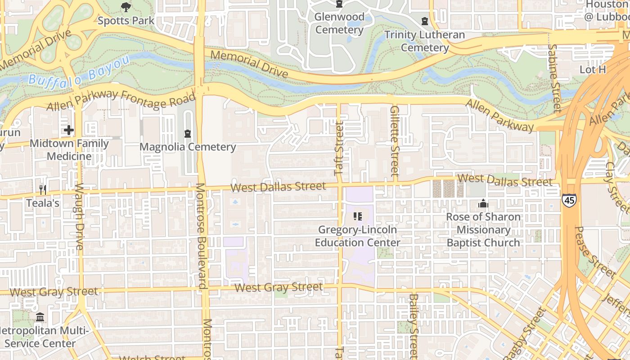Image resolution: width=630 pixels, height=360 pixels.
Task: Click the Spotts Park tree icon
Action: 126,7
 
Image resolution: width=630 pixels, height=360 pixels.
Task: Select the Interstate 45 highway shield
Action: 568,199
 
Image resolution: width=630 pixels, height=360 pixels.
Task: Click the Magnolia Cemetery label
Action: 188,147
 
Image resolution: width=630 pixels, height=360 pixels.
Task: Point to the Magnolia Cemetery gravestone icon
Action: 188,134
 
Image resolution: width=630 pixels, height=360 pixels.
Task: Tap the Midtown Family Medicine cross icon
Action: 68,130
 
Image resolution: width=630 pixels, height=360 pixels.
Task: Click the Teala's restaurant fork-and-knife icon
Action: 43,190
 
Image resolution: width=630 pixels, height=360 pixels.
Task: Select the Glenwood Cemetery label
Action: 339,23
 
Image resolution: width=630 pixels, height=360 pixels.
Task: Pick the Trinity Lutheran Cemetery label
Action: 425,41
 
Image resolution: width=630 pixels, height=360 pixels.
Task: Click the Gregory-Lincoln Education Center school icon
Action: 358,217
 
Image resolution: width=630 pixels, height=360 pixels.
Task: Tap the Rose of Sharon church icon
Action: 483,204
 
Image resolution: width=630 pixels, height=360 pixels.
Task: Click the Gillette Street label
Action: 395,140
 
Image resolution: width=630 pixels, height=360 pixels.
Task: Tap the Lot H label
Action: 593,70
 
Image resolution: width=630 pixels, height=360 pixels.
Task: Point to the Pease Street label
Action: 594,252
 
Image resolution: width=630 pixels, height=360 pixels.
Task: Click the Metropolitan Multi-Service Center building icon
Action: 40,317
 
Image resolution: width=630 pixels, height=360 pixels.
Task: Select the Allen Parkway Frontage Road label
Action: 121,100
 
